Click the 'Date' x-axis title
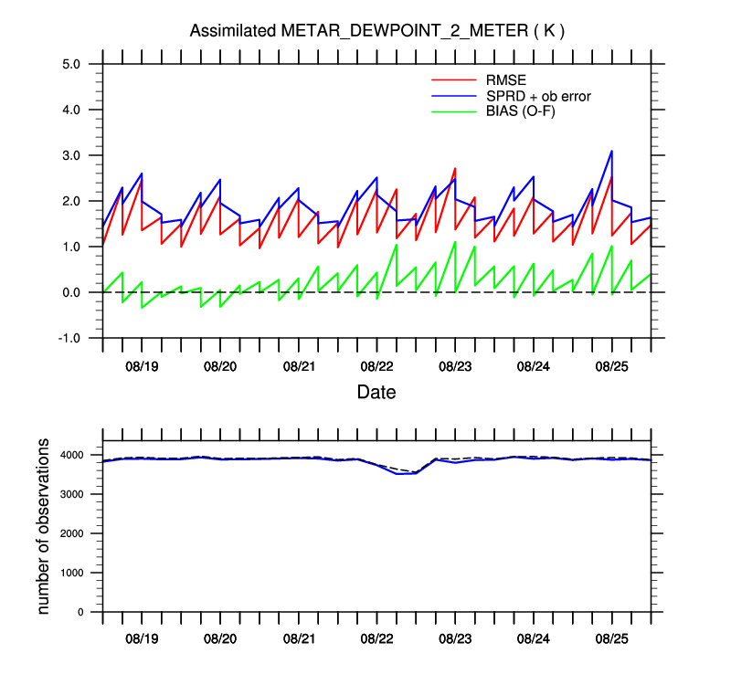coord(376,393)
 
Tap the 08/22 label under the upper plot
coord(376,366)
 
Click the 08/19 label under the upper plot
coord(142,366)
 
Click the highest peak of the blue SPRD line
coord(611,151)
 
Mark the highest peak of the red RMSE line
coord(455,169)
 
